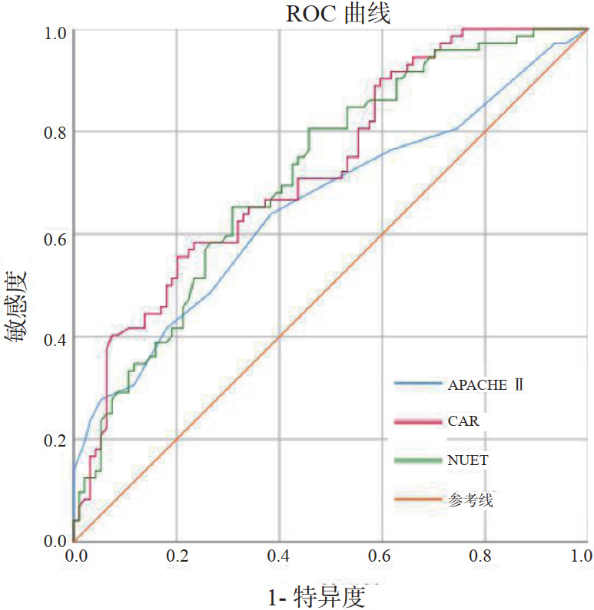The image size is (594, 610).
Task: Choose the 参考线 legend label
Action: tap(470, 501)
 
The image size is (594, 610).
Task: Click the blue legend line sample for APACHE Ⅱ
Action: tap(419, 383)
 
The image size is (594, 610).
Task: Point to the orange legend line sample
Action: tap(419, 500)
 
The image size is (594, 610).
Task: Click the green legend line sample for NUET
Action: tap(419, 460)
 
